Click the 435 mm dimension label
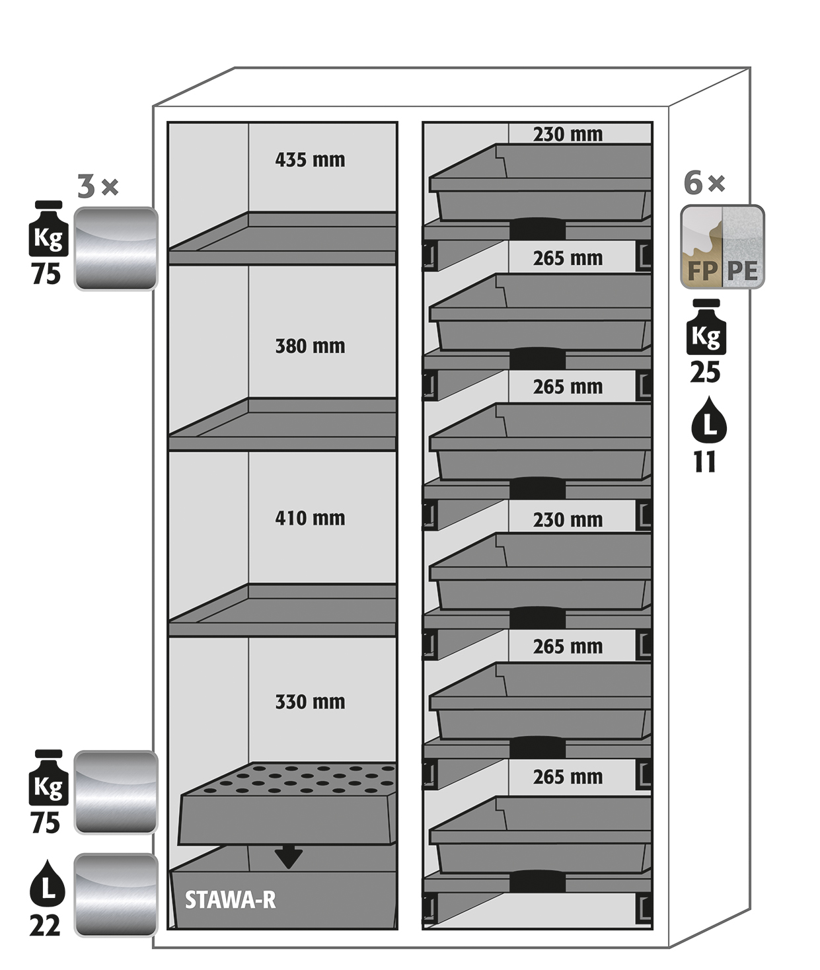(310, 160)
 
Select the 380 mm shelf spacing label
(310, 346)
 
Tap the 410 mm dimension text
(310, 518)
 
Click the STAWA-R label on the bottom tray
(230, 900)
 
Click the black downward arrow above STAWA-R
(288, 856)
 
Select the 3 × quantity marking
(98, 186)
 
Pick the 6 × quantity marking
(704, 183)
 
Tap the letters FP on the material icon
(702, 271)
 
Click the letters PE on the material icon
(742, 271)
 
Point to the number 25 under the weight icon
(705, 373)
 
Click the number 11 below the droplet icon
(704, 462)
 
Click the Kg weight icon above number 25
(706, 326)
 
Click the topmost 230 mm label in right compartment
(568, 134)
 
